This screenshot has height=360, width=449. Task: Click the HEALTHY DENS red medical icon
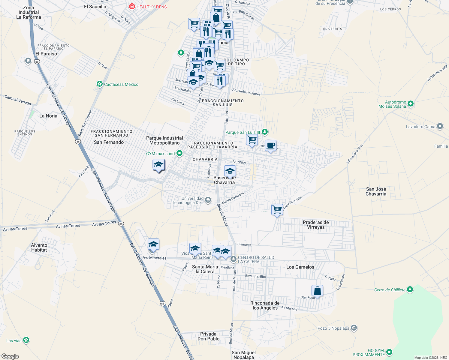pos(132,7)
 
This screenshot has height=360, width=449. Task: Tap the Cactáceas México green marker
pos(99,84)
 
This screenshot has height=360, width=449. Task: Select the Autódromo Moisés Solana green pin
pos(411,104)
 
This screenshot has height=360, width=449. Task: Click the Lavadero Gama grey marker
pos(440,127)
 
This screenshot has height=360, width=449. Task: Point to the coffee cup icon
pos(270,145)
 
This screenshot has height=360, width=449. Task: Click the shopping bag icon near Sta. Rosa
pos(317,291)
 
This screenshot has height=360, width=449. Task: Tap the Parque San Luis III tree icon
pos(264,132)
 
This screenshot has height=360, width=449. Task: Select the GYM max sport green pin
pos(179,154)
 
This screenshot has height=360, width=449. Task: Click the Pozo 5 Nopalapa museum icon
pos(354,328)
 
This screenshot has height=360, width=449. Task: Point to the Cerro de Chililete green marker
pos(410,290)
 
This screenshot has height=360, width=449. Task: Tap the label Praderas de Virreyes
pos(316,225)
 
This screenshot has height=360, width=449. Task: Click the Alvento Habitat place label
pos(39,247)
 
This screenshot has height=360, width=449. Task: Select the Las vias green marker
pos(26,340)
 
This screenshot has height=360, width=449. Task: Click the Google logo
pos(10,356)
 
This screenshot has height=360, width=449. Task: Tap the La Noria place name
pos(48,116)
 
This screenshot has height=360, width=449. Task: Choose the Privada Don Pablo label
pos(208,336)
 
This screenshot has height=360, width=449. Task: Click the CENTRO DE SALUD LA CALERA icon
pos(234,259)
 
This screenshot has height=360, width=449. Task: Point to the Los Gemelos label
pos(300,267)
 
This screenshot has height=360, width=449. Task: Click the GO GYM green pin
pos(389,352)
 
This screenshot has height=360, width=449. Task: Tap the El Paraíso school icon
pos(28,61)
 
